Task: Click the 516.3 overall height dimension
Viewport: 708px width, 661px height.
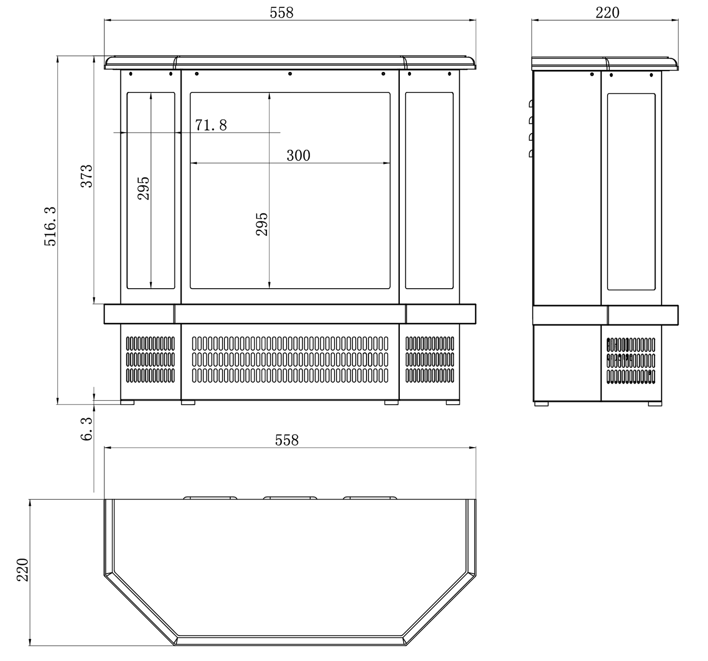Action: [x=50, y=226]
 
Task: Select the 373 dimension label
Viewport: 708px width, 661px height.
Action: [x=86, y=176]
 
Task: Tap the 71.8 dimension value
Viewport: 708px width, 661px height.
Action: [x=211, y=125]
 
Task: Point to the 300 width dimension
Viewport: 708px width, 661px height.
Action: [x=298, y=155]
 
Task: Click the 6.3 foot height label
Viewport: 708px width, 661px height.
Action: [x=86, y=429]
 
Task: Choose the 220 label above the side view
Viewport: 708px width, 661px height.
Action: [x=608, y=13]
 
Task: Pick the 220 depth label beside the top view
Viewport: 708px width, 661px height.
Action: [x=23, y=570]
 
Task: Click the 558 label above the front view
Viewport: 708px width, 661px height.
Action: [x=281, y=13]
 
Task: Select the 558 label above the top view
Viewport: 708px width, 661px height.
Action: [x=287, y=440]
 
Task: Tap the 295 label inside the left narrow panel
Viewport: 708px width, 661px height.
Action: [x=143, y=188]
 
